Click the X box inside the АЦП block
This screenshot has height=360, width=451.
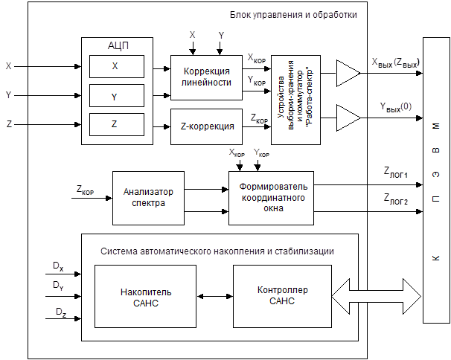click(x=114, y=66)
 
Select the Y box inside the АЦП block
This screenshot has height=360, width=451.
click(x=114, y=95)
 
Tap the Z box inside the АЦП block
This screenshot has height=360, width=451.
click(x=114, y=124)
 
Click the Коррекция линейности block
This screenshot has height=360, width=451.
click(x=207, y=77)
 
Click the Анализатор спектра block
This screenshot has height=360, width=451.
click(x=147, y=197)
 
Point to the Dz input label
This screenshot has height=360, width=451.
click(x=59, y=312)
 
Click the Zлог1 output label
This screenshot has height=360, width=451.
click(x=396, y=174)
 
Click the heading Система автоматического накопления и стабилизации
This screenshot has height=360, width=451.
click(x=217, y=251)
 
